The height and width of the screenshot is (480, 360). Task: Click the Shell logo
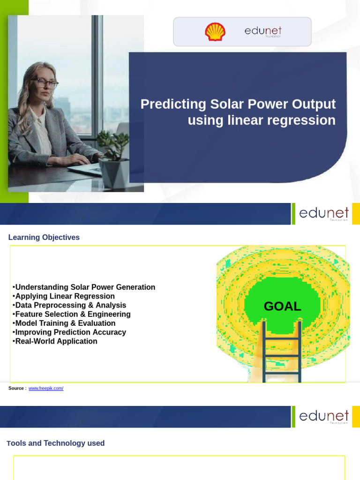[x=215, y=32]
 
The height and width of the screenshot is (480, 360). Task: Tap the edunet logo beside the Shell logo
[x=262, y=31]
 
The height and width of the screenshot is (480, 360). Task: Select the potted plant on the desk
[x=114, y=159]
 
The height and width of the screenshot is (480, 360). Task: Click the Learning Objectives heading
[x=44, y=238]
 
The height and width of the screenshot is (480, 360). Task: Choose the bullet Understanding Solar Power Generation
[x=85, y=287]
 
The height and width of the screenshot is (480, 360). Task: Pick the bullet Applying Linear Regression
[x=65, y=296]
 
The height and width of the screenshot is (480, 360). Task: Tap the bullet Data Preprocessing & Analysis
[x=70, y=305]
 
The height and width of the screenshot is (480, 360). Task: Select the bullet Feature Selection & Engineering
[x=73, y=314]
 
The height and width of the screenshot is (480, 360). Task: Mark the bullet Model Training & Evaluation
[x=65, y=323]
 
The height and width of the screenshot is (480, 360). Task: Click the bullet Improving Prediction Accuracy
[x=70, y=332]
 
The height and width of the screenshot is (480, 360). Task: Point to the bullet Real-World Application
[x=56, y=341]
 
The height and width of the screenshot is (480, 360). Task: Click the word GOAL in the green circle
[x=282, y=307]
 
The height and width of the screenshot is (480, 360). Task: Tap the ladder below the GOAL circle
[x=281, y=352]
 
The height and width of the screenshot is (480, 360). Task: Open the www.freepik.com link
[x=46, y=388]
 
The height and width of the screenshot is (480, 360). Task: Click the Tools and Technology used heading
[x=56, y=443]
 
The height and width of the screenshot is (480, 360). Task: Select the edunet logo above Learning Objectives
[x=323, y=214]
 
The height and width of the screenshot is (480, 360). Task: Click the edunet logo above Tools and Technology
[x=323, y=417]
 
